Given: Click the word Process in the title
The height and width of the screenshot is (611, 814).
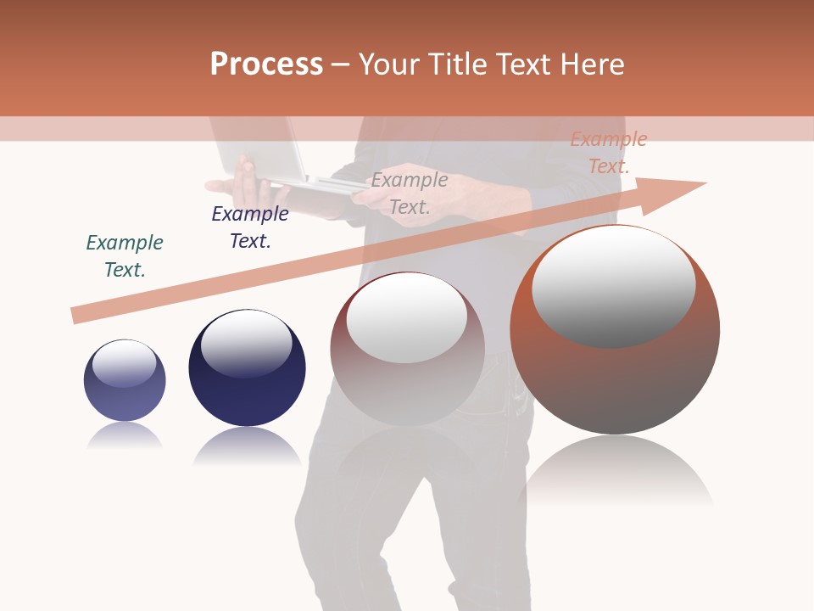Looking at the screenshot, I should pos(266,64).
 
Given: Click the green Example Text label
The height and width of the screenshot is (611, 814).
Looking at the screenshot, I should pos(125,255).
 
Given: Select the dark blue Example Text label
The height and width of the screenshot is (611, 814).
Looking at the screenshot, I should pos(250,227).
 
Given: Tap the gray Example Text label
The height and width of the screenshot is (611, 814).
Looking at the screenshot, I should pos(410,193).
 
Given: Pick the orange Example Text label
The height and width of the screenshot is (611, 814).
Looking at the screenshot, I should pos(609,153).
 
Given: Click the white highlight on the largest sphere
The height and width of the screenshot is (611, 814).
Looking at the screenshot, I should pos(613,284).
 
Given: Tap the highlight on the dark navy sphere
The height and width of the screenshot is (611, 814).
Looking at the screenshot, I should pos(246,342).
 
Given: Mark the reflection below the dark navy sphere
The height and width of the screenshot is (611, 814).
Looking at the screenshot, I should pos(247,445).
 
